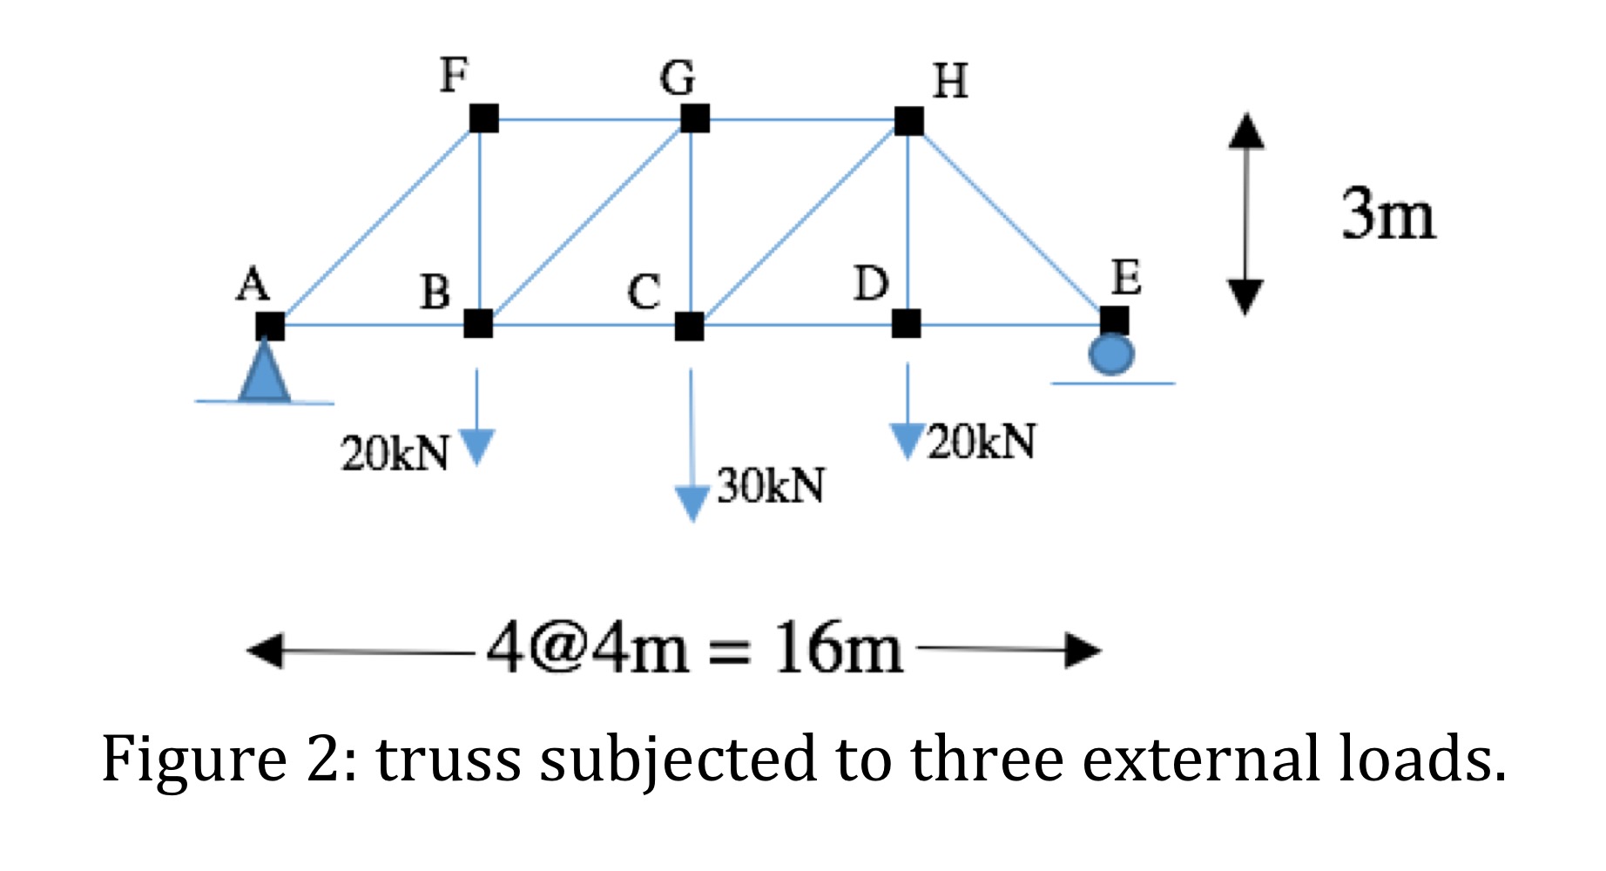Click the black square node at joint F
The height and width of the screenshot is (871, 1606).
(483, 118)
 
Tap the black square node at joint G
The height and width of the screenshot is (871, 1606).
(694, 118)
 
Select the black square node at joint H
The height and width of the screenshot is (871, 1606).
(909, 120)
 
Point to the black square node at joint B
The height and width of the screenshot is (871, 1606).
(478, 323)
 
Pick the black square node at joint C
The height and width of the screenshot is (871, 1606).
(689, 327)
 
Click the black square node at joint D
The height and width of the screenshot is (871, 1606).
(906, 323)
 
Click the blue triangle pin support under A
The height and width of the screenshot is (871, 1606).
(264, 373)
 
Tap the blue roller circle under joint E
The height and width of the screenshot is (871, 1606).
(1111, 354)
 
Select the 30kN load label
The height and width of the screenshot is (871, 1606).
(771, 485)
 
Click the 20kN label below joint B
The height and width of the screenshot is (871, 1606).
(395, 453)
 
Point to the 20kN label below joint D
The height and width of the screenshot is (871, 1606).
(982, 442)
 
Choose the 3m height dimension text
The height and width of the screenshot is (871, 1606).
(1387, 214)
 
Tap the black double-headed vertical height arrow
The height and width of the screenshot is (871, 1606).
(1245, 213)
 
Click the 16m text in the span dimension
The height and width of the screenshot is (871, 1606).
(838, 649)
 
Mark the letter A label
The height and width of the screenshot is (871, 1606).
(253, 284)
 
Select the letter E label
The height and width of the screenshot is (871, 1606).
(1125, 278)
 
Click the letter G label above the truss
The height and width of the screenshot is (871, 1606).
(678, 78)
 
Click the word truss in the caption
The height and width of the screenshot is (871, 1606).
(448, 759)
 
